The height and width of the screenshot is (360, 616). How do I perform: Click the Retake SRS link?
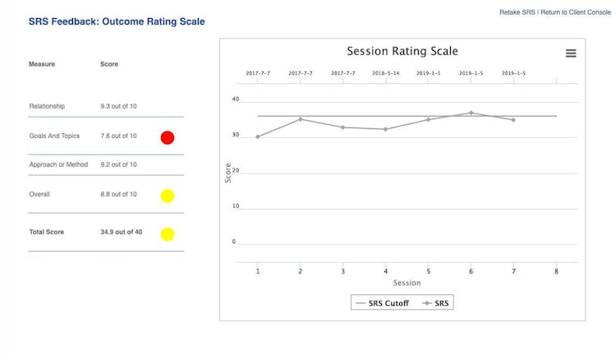pos(517,12)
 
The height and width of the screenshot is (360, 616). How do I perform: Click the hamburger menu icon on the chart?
pos(571,53)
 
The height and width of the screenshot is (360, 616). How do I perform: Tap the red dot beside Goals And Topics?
pos(167,137)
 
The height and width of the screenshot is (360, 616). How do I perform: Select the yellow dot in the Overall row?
pos(167,196)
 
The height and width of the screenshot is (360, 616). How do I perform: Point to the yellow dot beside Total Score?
pos(167,234)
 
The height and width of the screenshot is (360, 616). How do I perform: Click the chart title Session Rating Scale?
pos(402,51)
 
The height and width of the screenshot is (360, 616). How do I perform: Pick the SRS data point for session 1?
pos(258,136)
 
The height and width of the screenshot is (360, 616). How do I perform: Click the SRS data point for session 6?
pos(471,113)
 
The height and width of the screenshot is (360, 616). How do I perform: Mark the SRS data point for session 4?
pos(385,129)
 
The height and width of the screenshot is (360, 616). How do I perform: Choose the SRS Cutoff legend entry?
pos(381,303)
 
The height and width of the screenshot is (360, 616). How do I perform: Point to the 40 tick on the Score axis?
pos(235,99)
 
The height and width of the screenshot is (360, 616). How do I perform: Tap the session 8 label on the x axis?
pos(556,271)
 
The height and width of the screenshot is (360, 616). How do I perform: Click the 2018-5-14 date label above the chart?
pos(385,73)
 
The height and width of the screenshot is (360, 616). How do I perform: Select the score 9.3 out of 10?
pos(118,106)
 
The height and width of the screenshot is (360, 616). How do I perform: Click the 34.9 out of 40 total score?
pos(121,233)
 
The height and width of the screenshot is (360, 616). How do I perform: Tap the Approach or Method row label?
pos(58,164)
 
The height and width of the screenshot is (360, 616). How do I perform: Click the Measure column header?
pos(42,64)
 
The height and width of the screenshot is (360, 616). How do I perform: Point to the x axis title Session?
pos(407,283)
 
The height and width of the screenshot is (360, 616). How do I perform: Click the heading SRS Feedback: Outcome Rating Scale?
pos(117,21)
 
